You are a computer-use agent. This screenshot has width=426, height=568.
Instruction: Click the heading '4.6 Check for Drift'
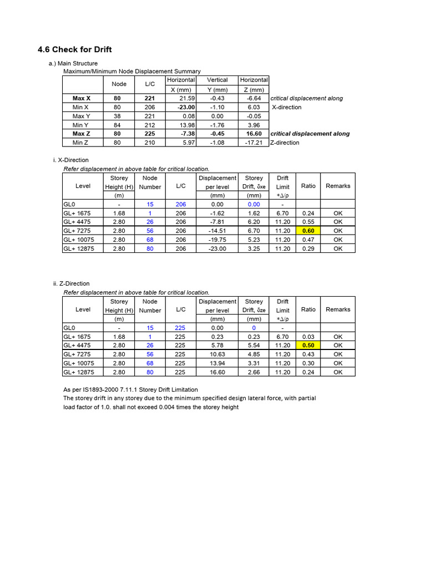75,49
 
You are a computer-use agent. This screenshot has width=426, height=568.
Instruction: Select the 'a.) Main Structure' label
73,64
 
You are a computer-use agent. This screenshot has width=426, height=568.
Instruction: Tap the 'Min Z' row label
81,143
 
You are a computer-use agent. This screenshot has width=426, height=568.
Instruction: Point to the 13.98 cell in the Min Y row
185,125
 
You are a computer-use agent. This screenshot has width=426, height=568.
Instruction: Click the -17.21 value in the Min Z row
253,143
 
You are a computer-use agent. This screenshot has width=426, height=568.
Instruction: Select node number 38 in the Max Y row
117,116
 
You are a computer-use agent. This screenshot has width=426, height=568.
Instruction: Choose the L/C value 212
150,125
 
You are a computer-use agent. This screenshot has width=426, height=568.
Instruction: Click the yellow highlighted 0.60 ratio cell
308,231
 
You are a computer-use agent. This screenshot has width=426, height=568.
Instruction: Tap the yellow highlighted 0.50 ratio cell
308,345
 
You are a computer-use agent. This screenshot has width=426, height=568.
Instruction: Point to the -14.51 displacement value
217,231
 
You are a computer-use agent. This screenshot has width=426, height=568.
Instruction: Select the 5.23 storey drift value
253,240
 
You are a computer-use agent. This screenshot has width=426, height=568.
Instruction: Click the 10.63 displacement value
217,354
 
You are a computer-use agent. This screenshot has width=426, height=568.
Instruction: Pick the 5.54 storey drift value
253,345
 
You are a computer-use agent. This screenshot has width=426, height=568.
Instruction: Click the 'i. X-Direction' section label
71,160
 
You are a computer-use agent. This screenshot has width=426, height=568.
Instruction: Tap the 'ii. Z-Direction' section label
72,283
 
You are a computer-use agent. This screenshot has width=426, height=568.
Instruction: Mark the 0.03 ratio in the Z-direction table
308,336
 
